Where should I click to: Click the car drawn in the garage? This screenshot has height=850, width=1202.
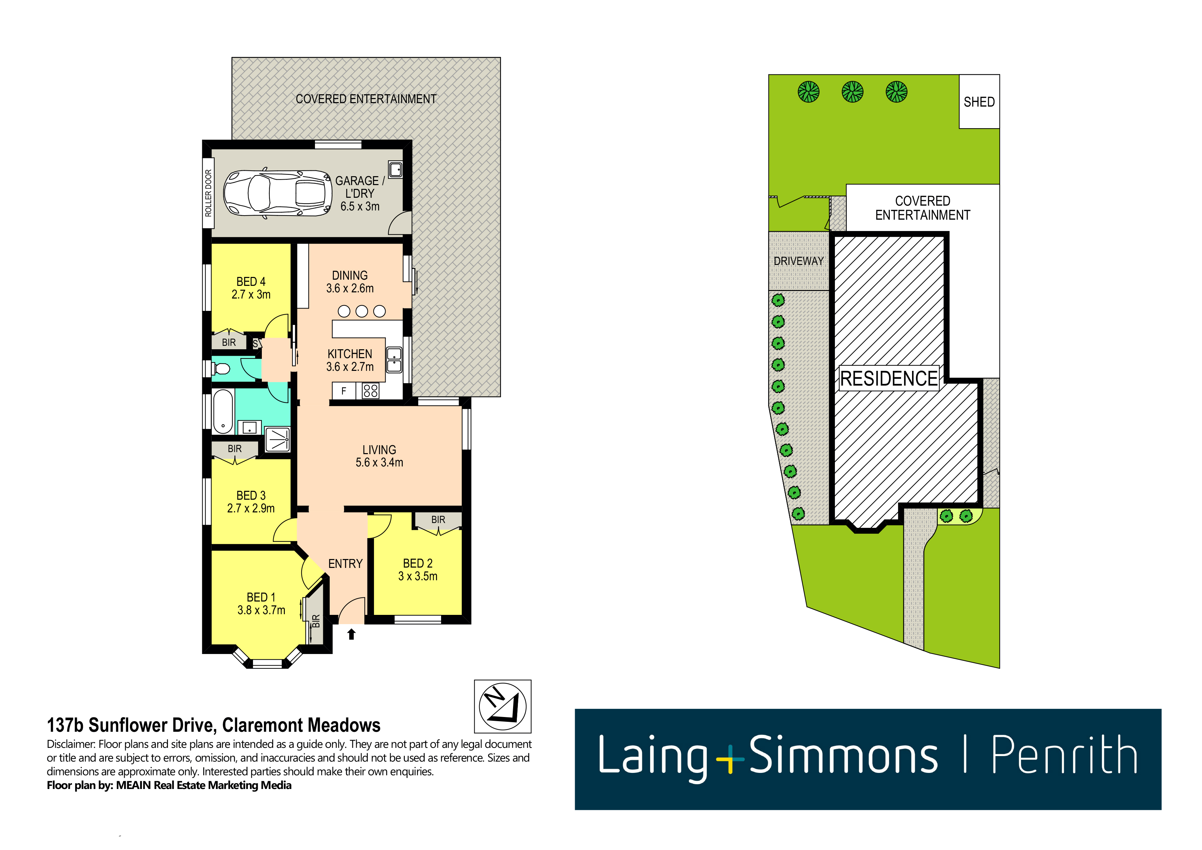click(278, 193)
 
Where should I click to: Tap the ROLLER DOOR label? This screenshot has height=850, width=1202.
click(208, 193)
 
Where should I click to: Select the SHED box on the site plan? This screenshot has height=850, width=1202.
click(979, 101)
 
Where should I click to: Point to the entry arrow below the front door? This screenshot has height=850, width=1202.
click(351, 634)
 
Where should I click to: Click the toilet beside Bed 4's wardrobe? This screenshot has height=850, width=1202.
click(222, 369)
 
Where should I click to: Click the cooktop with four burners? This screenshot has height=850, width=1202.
click(371, 391)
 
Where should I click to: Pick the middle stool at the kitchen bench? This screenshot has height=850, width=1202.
click(362, 312)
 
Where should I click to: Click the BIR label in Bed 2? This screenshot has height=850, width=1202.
click(438, 520)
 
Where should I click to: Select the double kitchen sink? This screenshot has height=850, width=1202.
click(394, 360)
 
